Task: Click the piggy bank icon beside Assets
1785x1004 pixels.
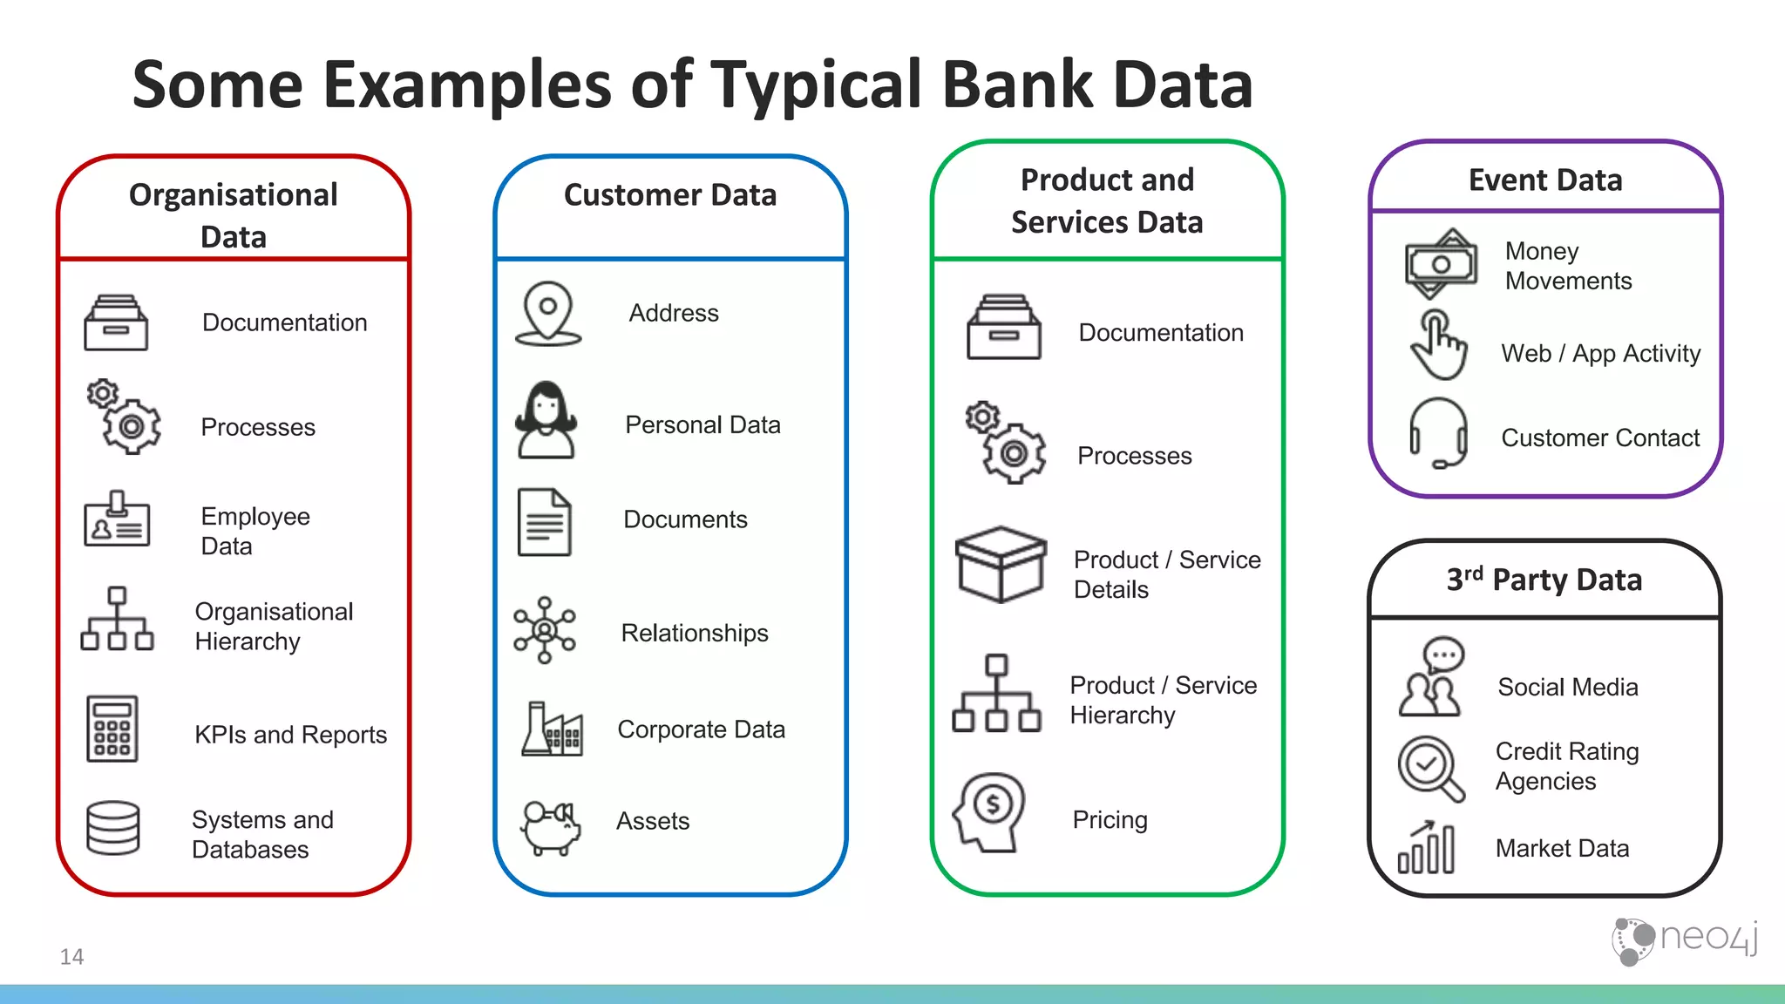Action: point(551,826)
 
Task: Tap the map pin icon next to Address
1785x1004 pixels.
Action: point(547,313)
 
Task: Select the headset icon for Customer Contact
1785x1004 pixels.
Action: point(1438,432)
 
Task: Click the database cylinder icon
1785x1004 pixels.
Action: point(113,828)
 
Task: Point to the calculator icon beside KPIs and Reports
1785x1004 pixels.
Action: point(112,729)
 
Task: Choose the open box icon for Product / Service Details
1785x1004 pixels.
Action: point(1001,564)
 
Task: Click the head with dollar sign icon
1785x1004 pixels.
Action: point(990,811)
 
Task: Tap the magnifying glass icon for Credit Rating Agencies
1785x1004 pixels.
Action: point(1430,768)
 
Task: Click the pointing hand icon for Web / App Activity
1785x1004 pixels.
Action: point(1438,346)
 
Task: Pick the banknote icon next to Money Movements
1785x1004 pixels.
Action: point(1442,263)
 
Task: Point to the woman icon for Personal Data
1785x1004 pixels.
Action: point(546,420)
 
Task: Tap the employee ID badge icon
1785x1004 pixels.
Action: point(117,519)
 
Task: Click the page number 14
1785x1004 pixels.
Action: point(71,957)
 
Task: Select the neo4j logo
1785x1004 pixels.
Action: point(1684,940)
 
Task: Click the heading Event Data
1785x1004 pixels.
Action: point(1545,180)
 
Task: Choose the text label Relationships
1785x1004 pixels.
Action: point(695,633)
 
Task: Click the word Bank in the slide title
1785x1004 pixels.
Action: point(1017,85)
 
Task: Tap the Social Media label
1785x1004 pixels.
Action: point(1567,687)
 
